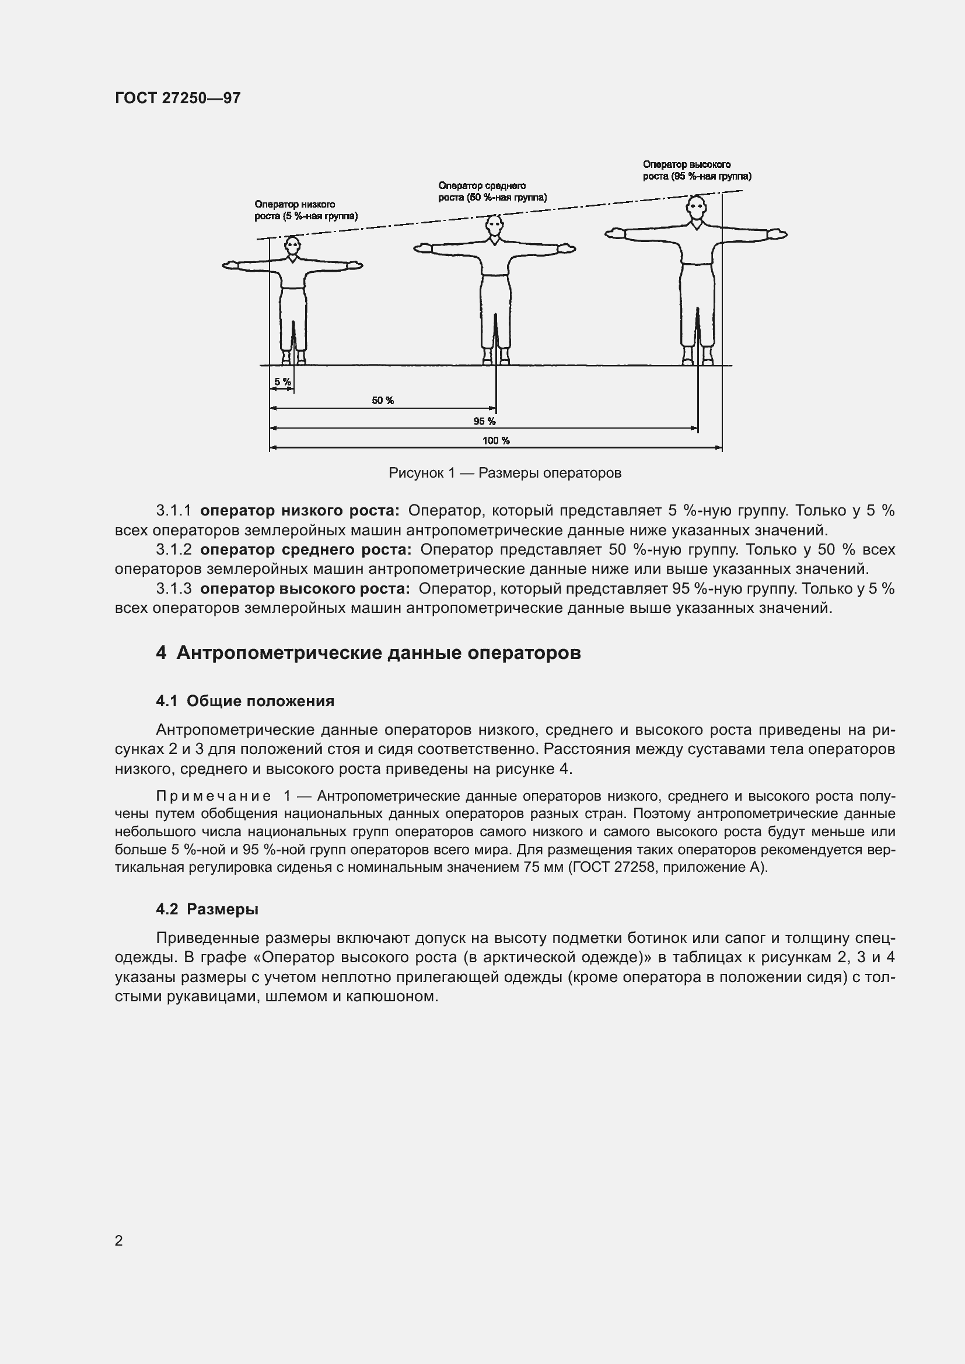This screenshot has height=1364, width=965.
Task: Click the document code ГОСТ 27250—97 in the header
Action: [178, 98]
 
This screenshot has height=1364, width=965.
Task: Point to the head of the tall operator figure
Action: [696, 208]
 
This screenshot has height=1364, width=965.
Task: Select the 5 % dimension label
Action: [282, 381]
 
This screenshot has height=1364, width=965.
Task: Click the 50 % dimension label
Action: [383, 401]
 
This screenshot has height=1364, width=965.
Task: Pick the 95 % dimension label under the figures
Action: [484, 421]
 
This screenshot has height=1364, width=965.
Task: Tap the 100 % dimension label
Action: [495, 440]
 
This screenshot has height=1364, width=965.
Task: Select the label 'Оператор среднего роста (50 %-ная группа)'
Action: [492, 191]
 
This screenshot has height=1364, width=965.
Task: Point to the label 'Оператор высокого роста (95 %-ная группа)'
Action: [697, 170]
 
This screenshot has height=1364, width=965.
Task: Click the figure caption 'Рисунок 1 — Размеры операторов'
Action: [505, 473]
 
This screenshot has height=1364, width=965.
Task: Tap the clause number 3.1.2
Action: [173, 549]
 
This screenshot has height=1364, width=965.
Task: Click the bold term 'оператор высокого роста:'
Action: [305, 589]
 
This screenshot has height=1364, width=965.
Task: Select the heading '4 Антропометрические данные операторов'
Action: [368, 653]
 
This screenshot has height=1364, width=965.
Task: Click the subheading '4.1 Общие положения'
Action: [245, 701]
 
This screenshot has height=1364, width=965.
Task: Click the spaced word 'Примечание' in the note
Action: [214, 796]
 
